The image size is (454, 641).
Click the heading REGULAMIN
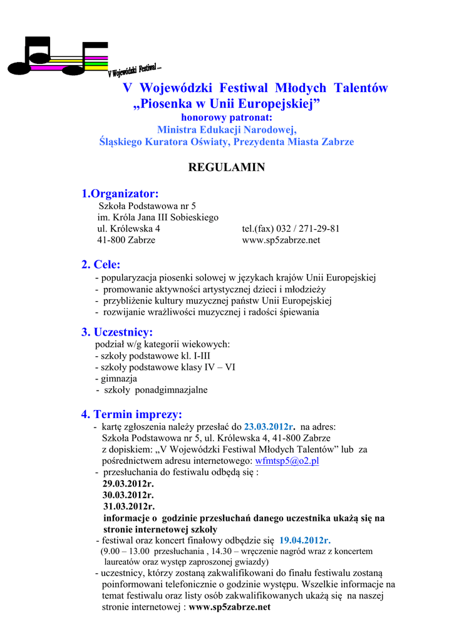coord(227,167)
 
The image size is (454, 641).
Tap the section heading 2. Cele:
coord(101,265)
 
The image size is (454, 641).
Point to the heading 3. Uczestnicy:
coord(117,332)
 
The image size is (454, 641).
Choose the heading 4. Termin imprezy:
coord(132,414)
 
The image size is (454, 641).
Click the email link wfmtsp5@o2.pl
coord(287,461)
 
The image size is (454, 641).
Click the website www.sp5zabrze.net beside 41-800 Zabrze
coord(281,240)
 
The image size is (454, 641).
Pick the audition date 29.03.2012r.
coord(128,484)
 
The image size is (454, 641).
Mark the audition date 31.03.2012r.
coord(128,506)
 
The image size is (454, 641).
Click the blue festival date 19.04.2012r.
coord(305,540)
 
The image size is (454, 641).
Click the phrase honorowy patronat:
coord(227,117)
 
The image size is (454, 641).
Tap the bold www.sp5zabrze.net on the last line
coord(230,607)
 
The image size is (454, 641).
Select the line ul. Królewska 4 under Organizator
coord(128,228)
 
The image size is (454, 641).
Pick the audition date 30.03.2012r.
coord(128,495)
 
